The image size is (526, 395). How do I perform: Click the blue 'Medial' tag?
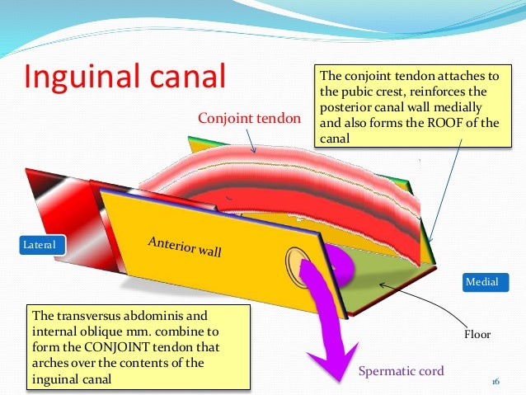[482, 282]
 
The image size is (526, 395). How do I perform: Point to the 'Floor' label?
[476, 334]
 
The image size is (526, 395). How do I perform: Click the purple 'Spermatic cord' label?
[401, 371]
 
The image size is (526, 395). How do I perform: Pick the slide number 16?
[495, 381]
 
